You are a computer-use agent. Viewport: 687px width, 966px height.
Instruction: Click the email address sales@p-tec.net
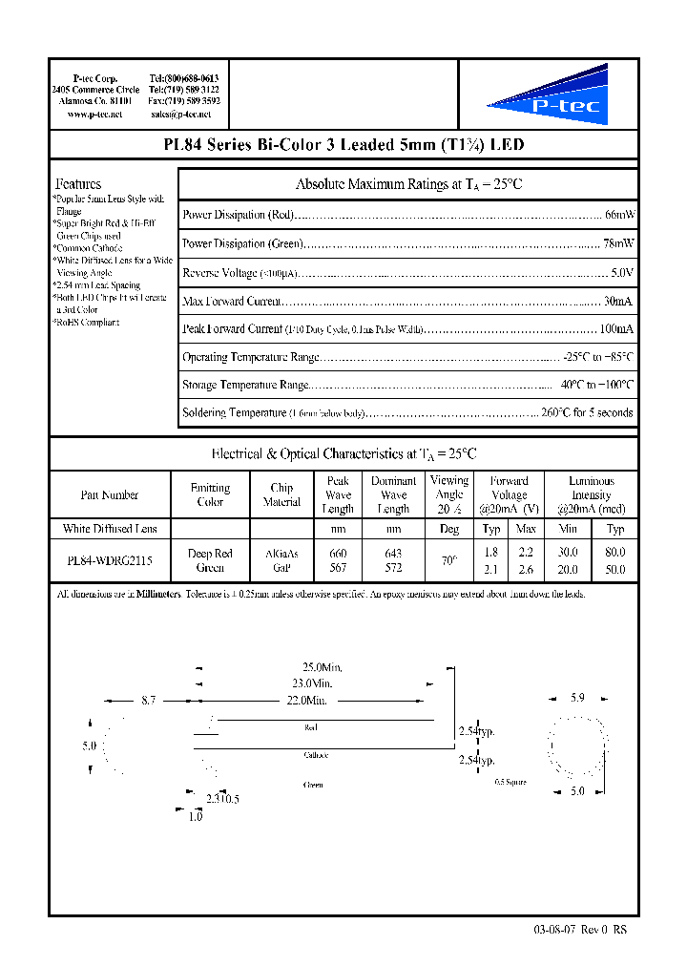181,115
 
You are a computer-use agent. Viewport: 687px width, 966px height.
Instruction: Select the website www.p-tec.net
94,115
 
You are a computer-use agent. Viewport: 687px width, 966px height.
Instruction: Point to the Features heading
78,183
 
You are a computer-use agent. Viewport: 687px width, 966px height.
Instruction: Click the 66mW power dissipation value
619,215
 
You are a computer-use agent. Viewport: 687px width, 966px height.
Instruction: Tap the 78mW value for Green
619,243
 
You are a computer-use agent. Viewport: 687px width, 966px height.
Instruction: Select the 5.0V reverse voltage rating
622,272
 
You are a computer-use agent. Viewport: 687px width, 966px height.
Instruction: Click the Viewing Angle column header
448,494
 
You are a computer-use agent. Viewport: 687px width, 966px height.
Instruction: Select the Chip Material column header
281,494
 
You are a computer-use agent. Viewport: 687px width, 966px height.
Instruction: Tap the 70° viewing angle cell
448,560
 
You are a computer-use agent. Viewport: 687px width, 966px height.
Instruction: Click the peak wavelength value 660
338,554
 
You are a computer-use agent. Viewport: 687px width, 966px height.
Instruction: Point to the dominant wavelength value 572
393,568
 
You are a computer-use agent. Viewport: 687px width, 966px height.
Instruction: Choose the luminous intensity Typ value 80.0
615,553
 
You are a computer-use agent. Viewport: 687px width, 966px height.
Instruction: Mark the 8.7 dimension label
148,701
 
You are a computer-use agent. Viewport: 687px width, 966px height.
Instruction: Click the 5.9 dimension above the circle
577,698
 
